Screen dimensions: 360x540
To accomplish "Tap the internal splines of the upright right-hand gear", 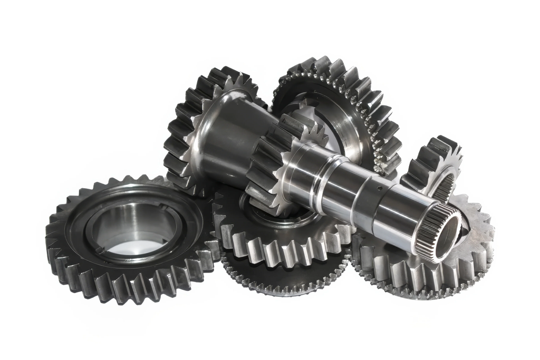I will click(445, 187).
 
